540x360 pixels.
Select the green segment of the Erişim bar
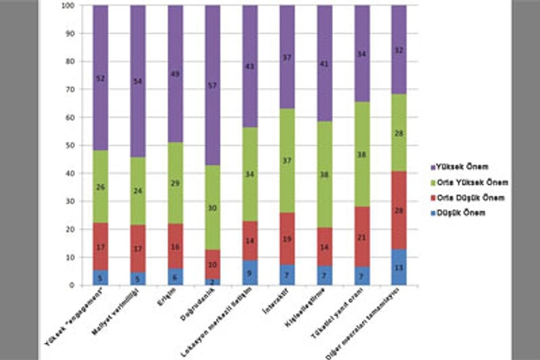click(x=175, y=183)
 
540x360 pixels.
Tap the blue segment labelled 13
click(x=399, y=267)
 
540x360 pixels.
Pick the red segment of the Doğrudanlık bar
click(x=212, y=264)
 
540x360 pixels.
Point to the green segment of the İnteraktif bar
click(x=287, y=160)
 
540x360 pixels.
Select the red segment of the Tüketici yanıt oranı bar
click(x=362, y=237)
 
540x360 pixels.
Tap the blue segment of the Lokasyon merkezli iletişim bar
click(x=250, y=272)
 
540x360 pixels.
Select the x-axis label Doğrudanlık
click(x=199, y=305)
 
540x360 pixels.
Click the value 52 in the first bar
click(x=100, y=79)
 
